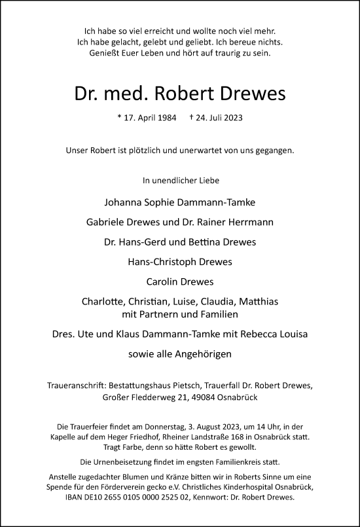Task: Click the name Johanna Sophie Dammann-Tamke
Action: click(x=179, y=201)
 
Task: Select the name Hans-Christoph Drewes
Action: click(x=179, y=263)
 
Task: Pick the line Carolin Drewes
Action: click(x=179, y=283)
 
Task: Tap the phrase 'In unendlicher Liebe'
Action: click(x=179, y=179)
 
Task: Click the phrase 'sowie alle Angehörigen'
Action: click(x=179, y=354)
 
